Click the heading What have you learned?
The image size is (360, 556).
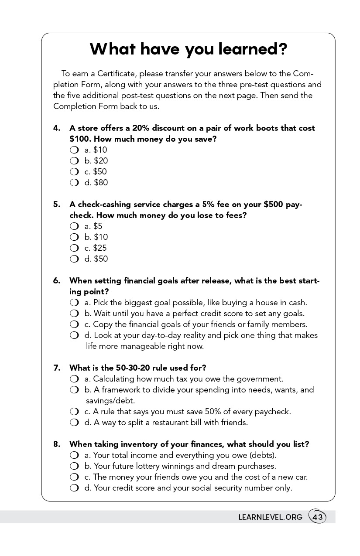[189, 49]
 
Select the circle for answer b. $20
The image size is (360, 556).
[74, 161]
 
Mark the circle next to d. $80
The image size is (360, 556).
[74, 183]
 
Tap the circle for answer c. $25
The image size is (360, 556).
[74, 248]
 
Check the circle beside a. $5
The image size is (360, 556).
[74, 226]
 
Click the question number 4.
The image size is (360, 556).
[57, 128]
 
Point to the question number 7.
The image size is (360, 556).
[57, 368]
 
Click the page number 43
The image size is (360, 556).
[318, 517]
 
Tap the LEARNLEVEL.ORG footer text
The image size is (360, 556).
[270, 517]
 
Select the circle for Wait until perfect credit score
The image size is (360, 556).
[74, 314]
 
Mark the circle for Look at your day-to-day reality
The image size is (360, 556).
[74, 335]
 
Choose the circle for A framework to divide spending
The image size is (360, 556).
[74, 390]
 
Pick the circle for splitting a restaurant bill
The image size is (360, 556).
[74, 423]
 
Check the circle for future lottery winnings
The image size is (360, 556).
[74, 466]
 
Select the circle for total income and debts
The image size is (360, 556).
[74, 455]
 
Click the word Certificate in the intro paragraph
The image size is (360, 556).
[116, 73]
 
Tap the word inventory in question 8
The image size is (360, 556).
[138, 444]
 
